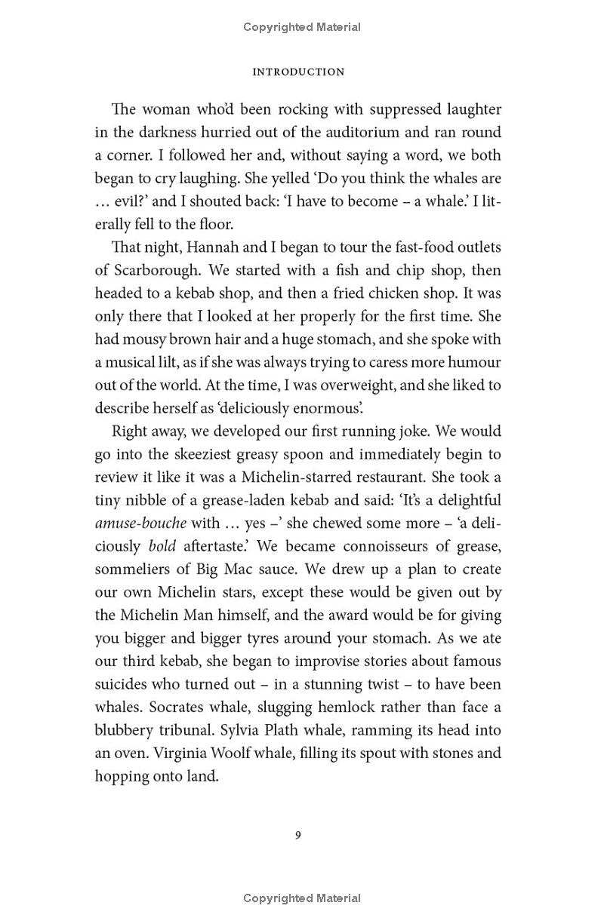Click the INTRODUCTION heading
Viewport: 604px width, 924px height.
click(298, 72)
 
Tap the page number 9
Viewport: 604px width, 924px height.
click(298, 835)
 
